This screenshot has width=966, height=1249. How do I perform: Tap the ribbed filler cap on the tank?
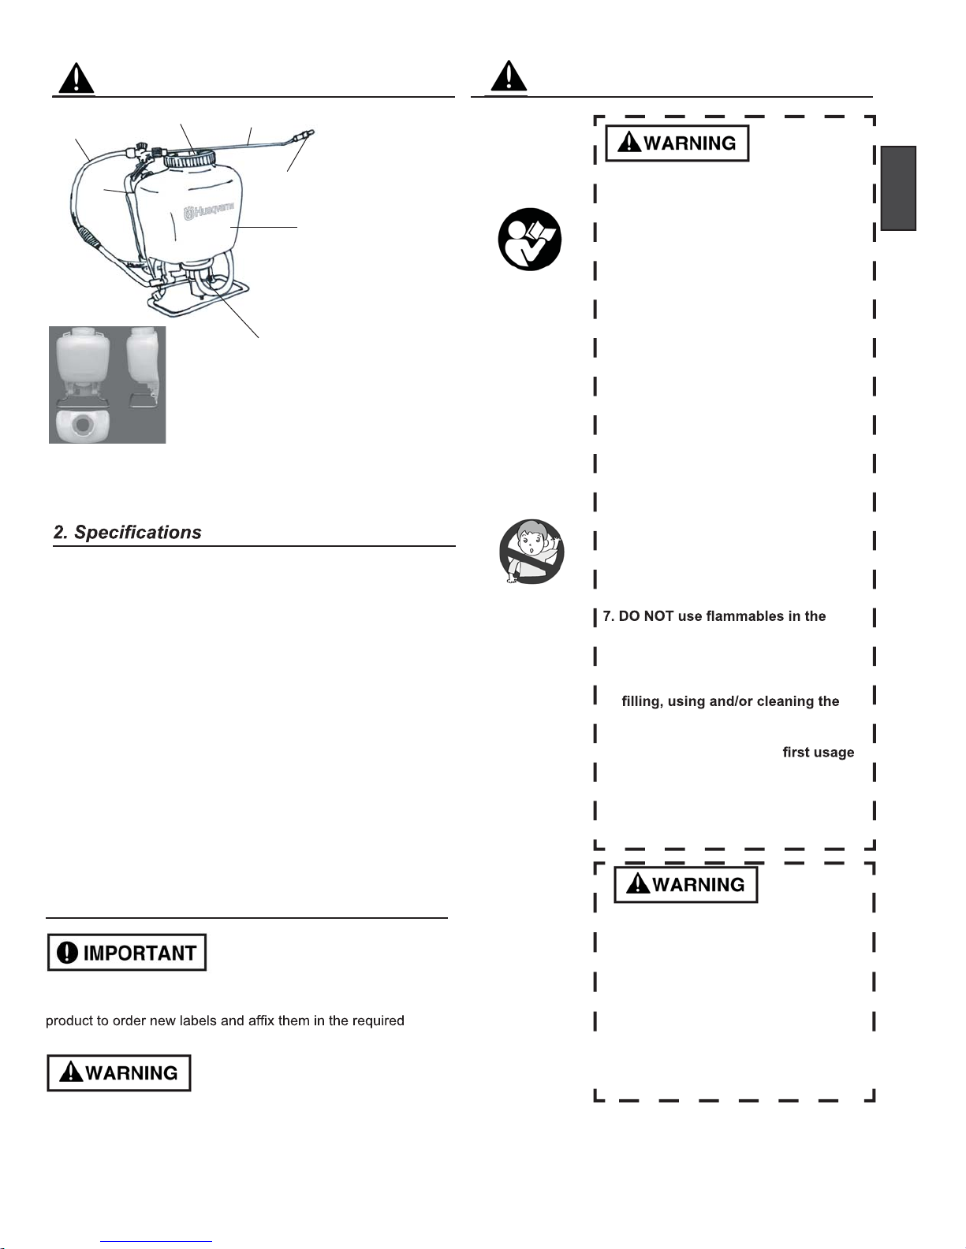[x=189, y=158]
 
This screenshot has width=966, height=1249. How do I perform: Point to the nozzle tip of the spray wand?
[x=309, y=133]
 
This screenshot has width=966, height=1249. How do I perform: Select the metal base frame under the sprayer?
[x=197, y=298]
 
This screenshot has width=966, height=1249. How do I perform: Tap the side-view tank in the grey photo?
[x=144, y=359]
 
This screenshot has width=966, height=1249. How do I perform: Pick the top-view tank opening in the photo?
[x=83, y=426]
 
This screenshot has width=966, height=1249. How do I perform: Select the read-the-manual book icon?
[x=530, y=240]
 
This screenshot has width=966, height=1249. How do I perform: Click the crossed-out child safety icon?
[x=531, y=552]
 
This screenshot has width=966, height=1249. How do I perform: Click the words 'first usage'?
[x=818, y=753]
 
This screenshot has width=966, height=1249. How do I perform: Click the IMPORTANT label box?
[x=127, y=953]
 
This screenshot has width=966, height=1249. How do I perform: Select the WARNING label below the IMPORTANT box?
[x=119, y=1072]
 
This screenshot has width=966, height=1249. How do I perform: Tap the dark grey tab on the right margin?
[x=898, y=188]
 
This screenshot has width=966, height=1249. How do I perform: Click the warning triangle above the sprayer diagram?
[x=76, y=79]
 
